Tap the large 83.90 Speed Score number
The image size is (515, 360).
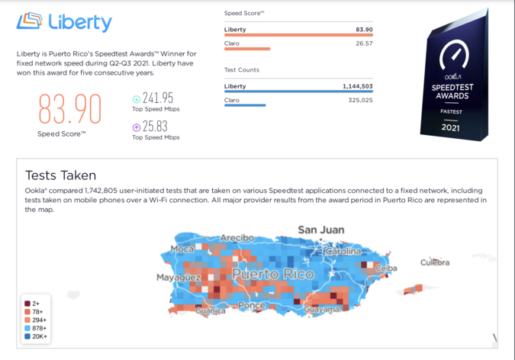tap(69, 108)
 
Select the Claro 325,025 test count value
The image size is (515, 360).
tap(358, 100)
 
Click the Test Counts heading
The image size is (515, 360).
tap(241, 70)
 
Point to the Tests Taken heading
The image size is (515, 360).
tap(60, 175)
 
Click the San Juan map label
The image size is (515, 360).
tap(320, 230)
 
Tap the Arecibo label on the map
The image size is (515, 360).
tap(237, 238)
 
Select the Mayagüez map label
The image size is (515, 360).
tap(179, 278)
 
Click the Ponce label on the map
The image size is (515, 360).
tap(251, 306)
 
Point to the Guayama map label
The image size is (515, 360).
tap(320, 310)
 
